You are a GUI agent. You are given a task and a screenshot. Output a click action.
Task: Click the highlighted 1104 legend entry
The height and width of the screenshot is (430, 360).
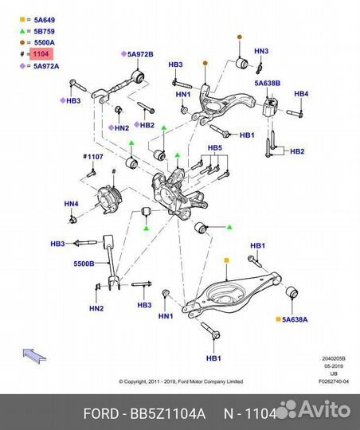41,54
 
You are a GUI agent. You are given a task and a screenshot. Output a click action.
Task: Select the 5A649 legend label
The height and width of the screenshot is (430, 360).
44,20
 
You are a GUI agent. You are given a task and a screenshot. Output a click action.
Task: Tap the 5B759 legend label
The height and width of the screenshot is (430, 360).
44,31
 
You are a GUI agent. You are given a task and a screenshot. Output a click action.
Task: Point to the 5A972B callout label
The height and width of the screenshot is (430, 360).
140,54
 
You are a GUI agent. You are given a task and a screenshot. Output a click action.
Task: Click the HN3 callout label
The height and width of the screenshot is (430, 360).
261,51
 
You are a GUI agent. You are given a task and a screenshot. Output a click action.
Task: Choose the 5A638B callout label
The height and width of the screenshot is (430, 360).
268,83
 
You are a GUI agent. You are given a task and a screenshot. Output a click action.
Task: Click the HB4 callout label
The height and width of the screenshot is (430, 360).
301,94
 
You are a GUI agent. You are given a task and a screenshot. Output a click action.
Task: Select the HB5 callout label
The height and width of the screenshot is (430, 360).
215,148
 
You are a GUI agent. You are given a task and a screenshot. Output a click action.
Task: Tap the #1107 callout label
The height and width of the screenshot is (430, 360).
93,157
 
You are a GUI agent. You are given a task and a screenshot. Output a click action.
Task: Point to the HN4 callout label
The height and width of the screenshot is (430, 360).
72,204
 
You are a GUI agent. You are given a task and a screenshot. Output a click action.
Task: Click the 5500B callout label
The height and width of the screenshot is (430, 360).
84,264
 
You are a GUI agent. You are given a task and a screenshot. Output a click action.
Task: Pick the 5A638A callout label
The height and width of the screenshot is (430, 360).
295,319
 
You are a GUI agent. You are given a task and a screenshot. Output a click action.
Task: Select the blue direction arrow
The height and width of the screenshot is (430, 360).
34,356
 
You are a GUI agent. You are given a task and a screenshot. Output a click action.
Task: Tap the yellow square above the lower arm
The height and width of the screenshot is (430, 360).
226,260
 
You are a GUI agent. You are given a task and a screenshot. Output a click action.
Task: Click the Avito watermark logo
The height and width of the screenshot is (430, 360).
315,409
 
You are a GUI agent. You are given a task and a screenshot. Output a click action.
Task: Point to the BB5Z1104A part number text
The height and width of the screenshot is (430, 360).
167,413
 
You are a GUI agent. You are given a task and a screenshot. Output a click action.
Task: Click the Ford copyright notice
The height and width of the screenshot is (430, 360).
181,381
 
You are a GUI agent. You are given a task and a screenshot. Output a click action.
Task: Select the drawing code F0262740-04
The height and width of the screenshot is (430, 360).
334,381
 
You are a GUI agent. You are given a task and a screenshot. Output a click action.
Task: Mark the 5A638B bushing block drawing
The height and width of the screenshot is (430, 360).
269,107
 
